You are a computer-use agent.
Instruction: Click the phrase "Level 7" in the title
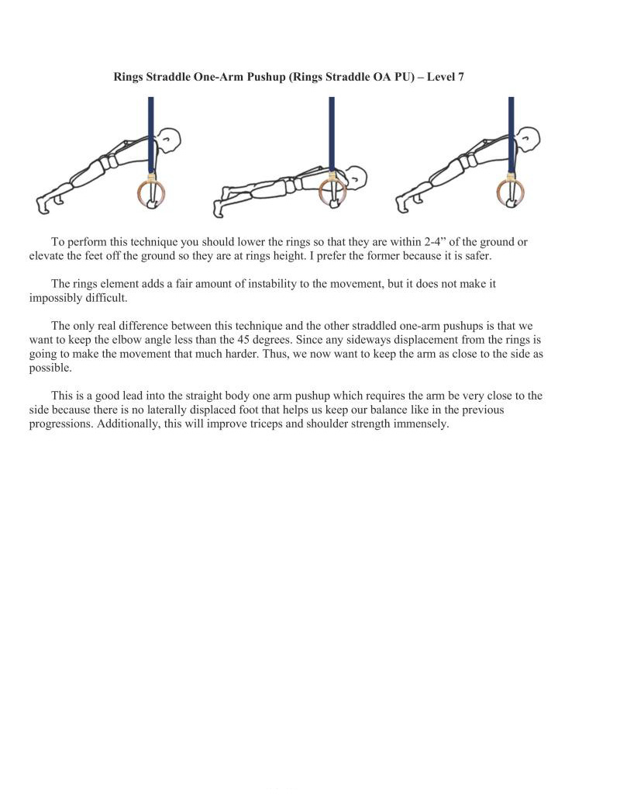tap(444, 77)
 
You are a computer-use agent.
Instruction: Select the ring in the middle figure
tap(332, 192)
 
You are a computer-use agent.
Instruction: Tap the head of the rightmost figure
tap(530, 140)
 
